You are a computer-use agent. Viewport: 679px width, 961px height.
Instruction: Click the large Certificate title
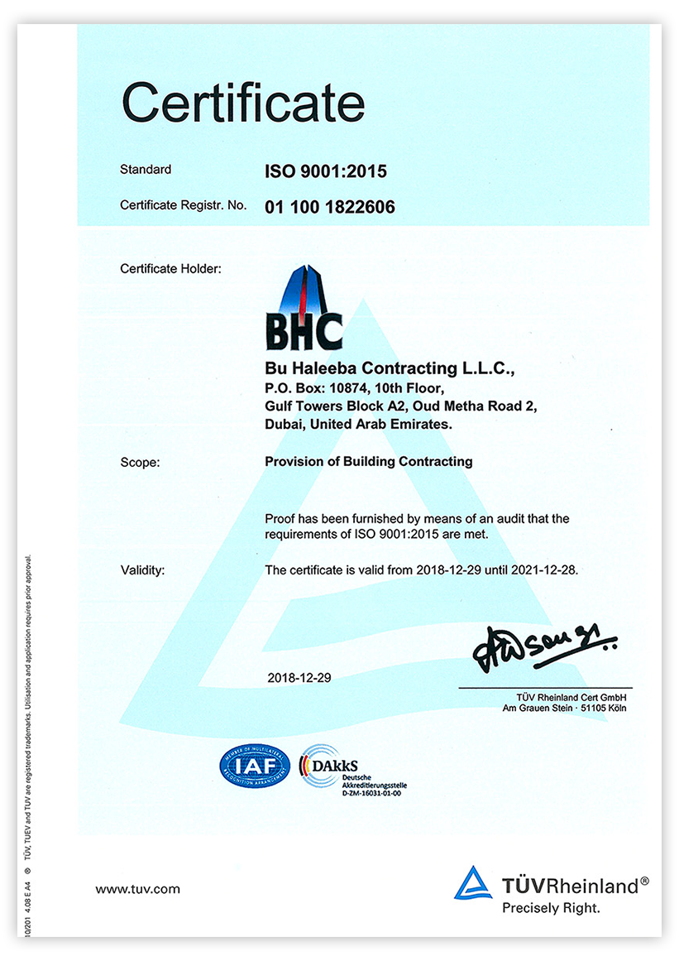tap(243, 103)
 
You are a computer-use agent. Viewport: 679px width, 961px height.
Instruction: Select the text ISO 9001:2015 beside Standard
tap(325, 172)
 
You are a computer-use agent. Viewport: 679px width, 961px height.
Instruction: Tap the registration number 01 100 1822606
tap(329, 207)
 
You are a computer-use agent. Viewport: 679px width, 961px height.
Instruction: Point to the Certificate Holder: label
tap(170, 268)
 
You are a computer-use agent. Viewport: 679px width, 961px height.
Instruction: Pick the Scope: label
tap(140, 462)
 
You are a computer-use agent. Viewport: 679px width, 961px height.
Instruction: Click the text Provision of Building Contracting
tap(368, 461)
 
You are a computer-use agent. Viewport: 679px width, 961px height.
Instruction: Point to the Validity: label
tap(143, 569)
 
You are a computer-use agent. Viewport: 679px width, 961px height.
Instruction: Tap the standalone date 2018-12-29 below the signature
tap(299, 677)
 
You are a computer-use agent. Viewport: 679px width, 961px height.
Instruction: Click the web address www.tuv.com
tap(137, 889)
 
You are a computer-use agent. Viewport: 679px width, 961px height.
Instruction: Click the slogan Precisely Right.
tap(551, 908)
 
